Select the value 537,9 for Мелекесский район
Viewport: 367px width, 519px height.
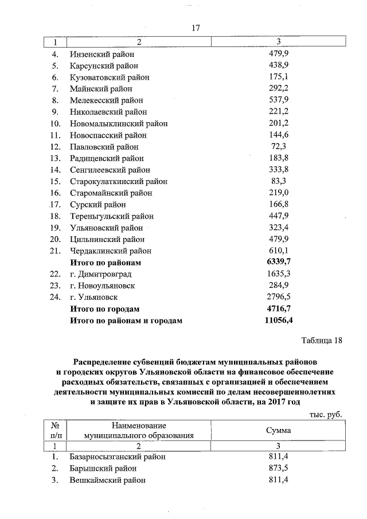tap(278, 100)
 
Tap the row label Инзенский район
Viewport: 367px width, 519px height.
tap(101, 54)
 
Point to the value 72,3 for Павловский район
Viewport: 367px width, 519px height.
tap(278, 146)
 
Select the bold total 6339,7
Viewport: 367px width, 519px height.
tap(278, 262)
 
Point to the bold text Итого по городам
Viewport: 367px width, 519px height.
tap(104, 309)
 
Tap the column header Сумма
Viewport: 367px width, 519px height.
tap(278, 430)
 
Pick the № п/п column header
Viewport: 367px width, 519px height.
tap(56, 430)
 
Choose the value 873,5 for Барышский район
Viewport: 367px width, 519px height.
tap(278, 469)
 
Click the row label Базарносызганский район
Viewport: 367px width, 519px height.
tap(118, 457)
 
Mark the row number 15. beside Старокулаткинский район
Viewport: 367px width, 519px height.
tap(56, 181)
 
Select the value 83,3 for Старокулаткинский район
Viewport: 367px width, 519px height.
tap(278, 181)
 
